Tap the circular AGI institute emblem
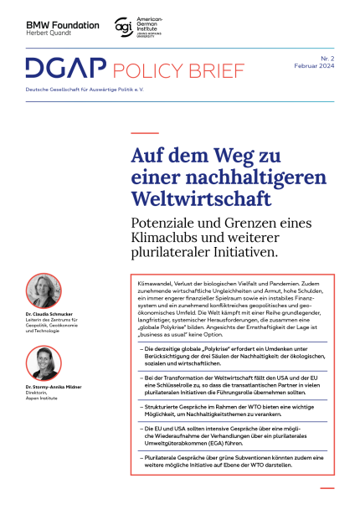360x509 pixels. tap(122, 27)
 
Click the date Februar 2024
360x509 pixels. tap(314, 66)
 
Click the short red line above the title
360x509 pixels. tap(144, 132)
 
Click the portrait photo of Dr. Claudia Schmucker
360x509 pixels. tap(44, 289)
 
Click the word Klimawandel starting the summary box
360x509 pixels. tap(155, 285)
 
